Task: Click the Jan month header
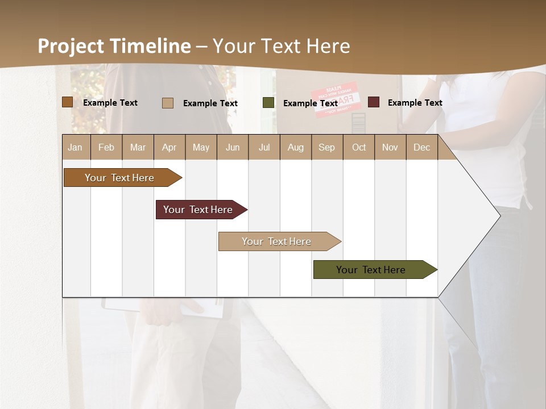tap(75, 148)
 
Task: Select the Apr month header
tap(169, 148)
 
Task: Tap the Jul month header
tap(264, 148)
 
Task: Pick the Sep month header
tap(326, 148)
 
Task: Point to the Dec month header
tap(421, 148)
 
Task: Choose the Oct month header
tap(359, 148)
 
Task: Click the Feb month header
tap(106, 148)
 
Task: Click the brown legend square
tap(67, 102)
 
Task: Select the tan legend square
tap(168, 103)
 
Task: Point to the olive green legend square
tap(268, 103)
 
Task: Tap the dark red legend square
tap(374, 102)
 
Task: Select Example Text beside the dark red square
tap(415, 103)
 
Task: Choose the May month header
tap(201, 148)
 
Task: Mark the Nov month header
tap(390, 148)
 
